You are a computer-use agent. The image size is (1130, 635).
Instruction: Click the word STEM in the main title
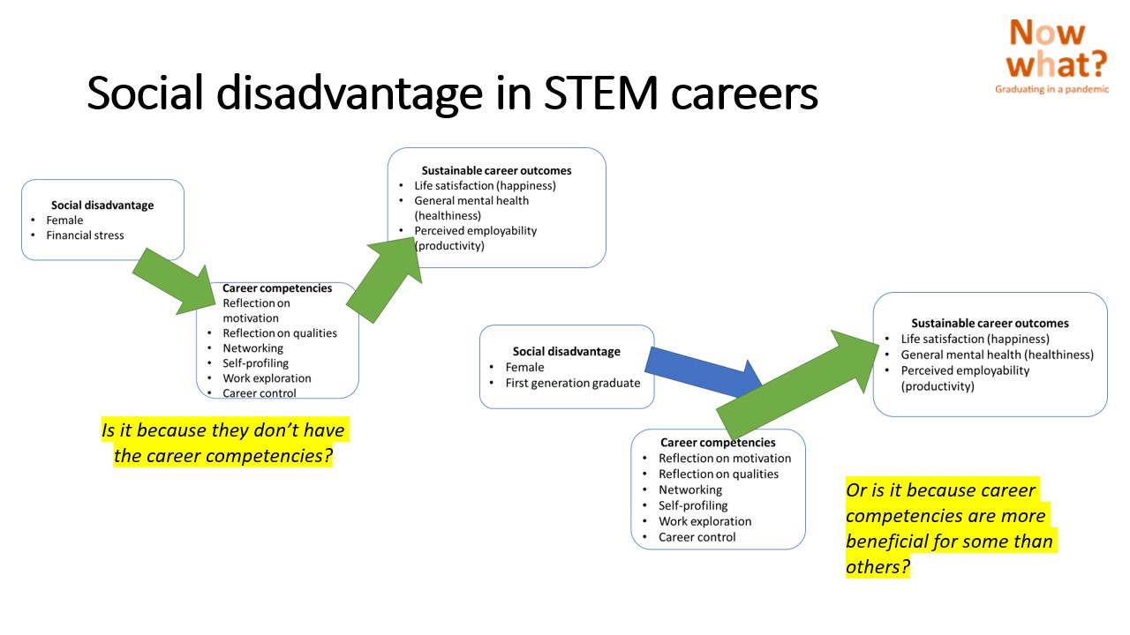coord(601,93)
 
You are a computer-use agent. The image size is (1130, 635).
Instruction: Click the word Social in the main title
coord(145,93)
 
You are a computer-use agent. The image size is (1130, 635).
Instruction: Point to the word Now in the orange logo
coord(1047,33)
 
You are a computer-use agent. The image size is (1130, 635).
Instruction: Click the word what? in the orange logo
coord(1058,64)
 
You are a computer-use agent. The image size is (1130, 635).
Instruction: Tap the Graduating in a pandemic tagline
coord(1051,89)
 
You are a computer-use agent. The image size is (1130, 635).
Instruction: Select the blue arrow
coord(704,371)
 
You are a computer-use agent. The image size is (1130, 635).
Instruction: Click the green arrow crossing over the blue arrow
coord(797,384)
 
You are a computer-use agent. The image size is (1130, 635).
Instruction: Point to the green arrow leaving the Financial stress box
coord(174,280)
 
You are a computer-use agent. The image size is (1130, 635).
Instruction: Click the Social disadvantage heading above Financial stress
coord(102,205)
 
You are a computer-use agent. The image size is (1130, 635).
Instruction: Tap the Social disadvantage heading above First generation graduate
coord(567,351)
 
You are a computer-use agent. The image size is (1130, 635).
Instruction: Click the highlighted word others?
coord(878,566)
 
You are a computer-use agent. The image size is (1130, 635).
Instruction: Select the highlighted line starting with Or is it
coord(940,489)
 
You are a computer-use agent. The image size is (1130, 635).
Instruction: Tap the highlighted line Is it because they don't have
coord(223,430)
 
